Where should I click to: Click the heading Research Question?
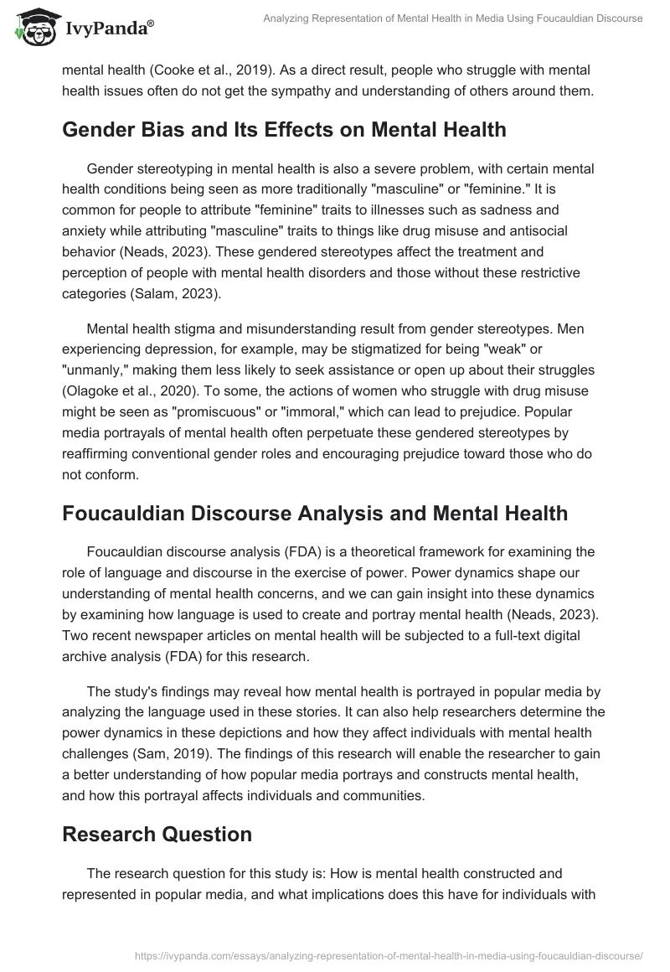pos(157,834)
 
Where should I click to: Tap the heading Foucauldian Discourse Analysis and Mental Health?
pos(315,513)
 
